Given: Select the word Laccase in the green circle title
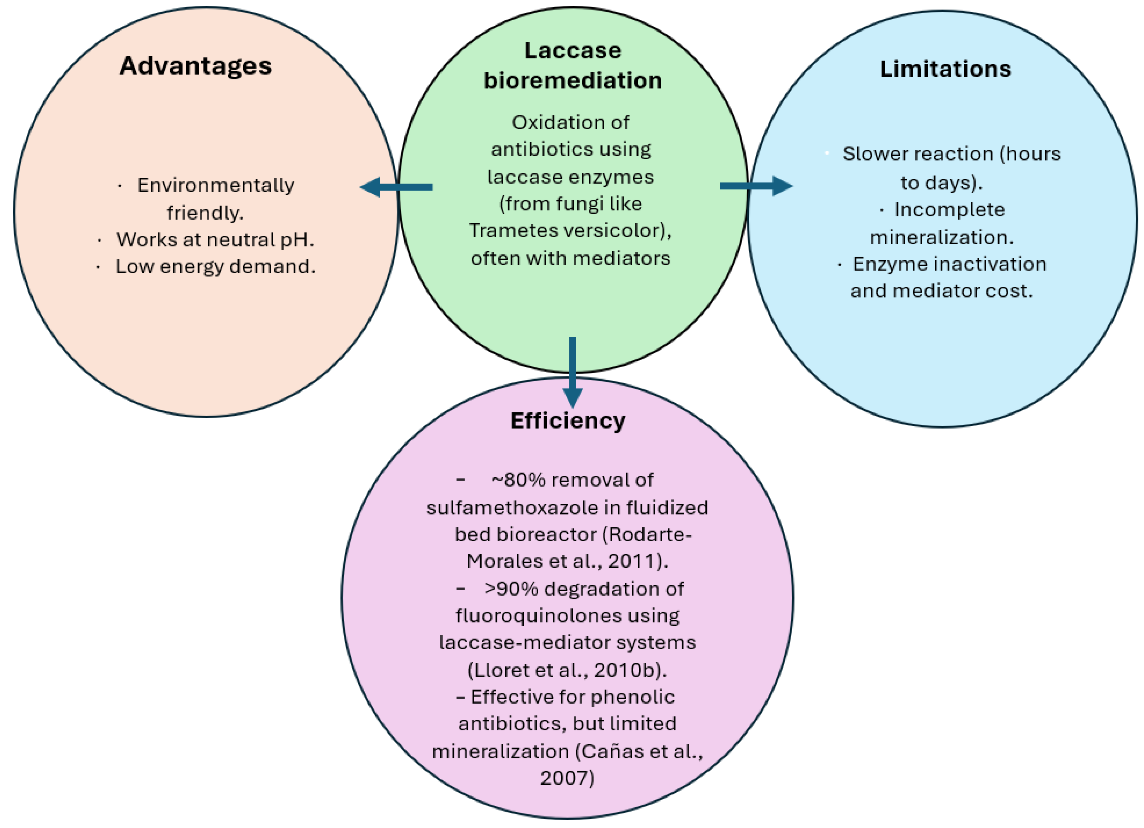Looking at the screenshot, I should (573, 50).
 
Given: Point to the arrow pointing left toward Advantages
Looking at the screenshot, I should (396, 187).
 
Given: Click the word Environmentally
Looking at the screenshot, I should (216, 186).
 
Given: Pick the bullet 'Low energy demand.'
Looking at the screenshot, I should (216, 266).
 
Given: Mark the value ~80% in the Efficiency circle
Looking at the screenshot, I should (518, 480).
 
